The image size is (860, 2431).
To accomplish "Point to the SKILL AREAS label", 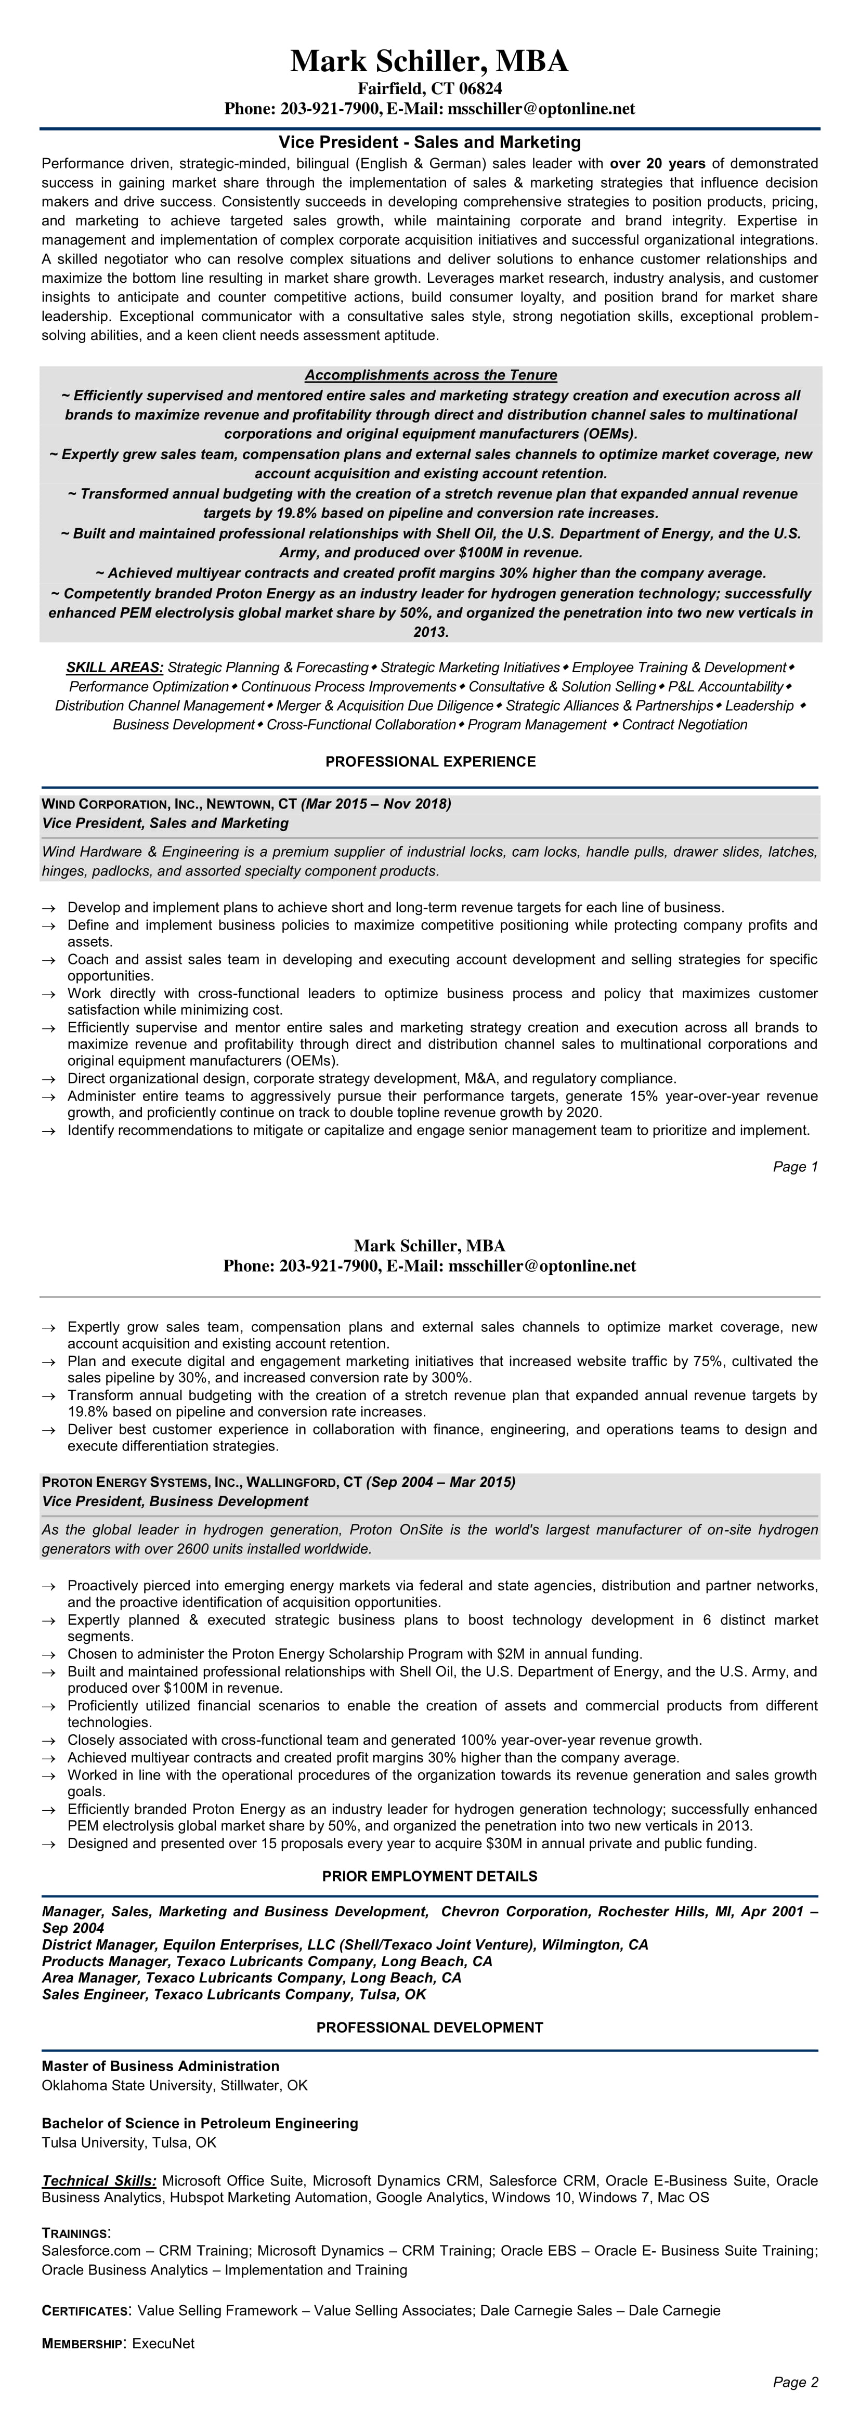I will point(114,667).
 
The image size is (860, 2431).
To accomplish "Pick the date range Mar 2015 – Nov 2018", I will point(376,804).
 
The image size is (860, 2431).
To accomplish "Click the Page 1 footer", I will point(795,1167).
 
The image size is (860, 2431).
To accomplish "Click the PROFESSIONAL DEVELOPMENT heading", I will point(429,2027).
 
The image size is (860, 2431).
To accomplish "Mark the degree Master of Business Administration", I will point(161,2066).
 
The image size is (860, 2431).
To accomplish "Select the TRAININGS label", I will point(75,2234).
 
